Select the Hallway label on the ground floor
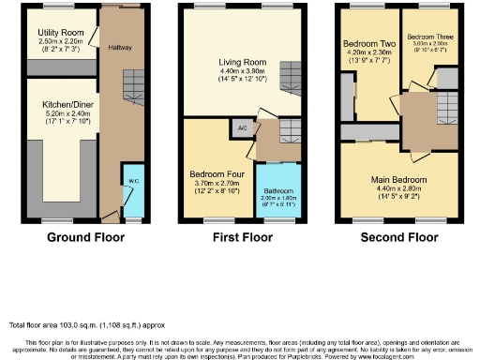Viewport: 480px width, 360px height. pyautogui.click(x=120, y=47)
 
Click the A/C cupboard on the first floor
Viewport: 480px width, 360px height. pyautogui.click(x=242, y=127)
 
